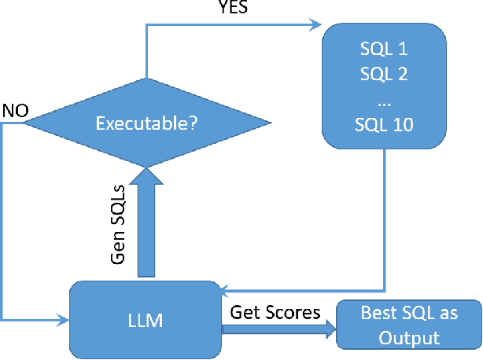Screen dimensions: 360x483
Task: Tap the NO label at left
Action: [x=15, y=109]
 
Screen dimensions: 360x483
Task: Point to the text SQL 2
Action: [x=383, y=75]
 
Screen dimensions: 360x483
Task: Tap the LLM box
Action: [x=146, y=321]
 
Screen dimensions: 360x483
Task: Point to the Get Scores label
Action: [x=275, y=312]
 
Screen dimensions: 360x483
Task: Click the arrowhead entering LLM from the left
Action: [x=63, y=320]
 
